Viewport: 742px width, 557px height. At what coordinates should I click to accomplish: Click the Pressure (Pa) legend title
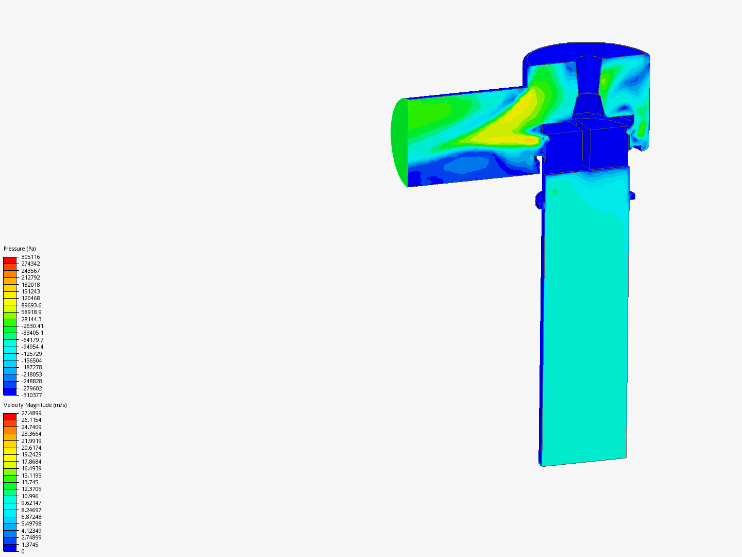pyautogui.click(x=20, y=249)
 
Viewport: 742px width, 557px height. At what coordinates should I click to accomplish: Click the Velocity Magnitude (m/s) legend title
pyautogui.click(x=35, y=405)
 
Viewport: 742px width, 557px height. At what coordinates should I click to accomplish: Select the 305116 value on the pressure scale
pyautogui.click(x=30, y=257)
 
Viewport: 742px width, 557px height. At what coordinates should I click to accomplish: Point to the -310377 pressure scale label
pyautogui.click(x=31, y=395)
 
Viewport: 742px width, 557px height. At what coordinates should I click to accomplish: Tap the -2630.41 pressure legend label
pyautogui.click(x=32, y=326)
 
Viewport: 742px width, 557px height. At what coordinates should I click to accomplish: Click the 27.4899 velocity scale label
pyautogui.click(x=31, y=413)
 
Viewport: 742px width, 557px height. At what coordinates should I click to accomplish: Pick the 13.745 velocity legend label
pyautogui.click(x=30, y=482)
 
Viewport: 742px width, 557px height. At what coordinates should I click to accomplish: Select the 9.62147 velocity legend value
pyautogui.click(x=31, y=503)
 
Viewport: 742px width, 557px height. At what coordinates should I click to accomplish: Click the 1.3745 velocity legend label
pyautogui.click(x=30, y=545)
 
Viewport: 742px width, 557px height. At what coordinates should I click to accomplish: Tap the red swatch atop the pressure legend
pyautogui.click(x=10, y=260)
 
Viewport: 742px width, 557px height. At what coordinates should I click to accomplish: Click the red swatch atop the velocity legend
pyautogui.click(x=10, y=417)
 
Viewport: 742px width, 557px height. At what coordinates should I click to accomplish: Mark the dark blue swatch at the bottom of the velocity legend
pyautogui.click(x=10, y=548)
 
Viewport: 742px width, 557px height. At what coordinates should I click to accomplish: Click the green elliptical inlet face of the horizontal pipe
pyautogui.click(x=399, y=142)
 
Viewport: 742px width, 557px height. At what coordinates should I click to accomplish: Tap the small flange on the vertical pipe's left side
pyautogui.click(x=539, y=199)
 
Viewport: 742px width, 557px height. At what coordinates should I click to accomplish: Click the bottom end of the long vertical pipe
pyautogui.click(x=582, y=461)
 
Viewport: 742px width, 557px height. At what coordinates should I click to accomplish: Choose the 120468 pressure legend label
pyautogui.click(x=30, y=298)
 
